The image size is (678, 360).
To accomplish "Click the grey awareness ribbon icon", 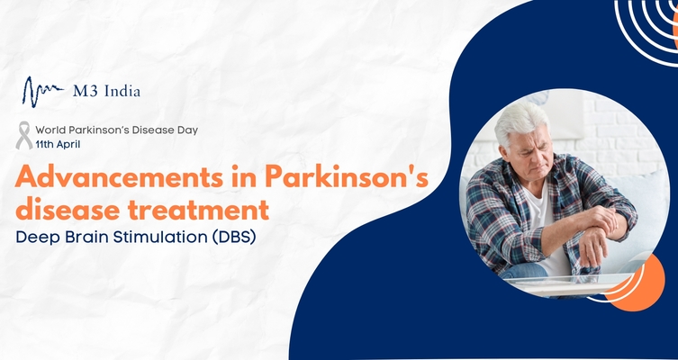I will coord(24,136).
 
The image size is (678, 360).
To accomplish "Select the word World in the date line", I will coord(52,130).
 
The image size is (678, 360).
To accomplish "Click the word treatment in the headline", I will coord(202,211).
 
